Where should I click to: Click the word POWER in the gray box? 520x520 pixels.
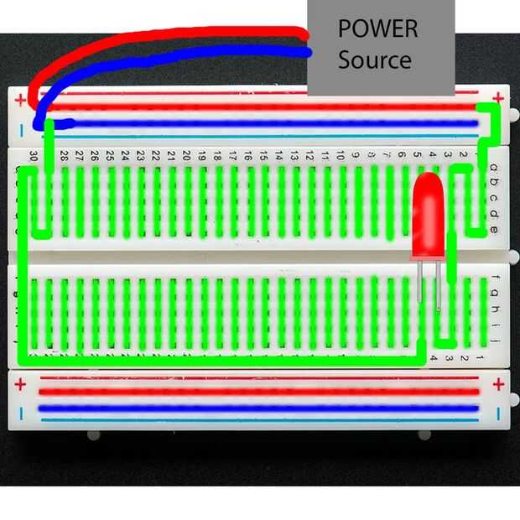pyautogui.click(x=377, y=29)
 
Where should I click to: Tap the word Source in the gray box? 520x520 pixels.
pyautogui.click(x=374, y=60)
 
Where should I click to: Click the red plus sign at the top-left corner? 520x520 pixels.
pyautogui.click(x=20, y=100)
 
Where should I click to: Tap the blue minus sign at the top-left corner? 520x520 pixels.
pyautogui.click(x=20, y=130)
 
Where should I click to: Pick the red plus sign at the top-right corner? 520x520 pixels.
pyautogui.click(x=499, y=97)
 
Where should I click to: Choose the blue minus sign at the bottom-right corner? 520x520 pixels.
pyautogui.click(x=499, y=413)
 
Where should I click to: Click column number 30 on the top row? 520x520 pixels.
pyautogui.click(x=33, y=156)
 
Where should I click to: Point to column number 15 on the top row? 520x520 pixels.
pyautogui.click(x=263, y=156)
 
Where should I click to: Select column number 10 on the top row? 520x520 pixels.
pyautogui.click(x=341, y=156)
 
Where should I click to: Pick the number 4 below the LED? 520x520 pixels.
pyautogui.click(x=433, y=359)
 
